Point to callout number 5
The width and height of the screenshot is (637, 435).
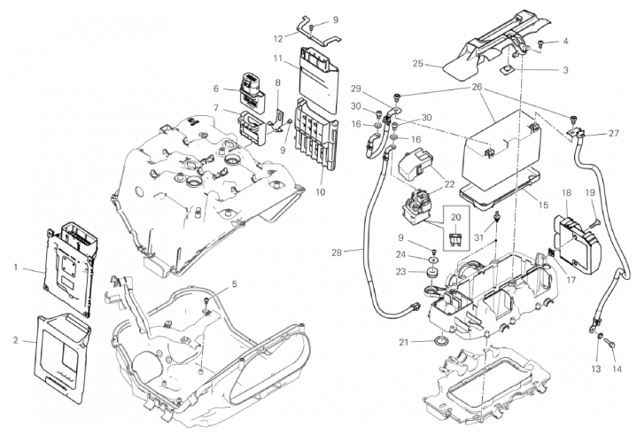[x=235, y=284]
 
